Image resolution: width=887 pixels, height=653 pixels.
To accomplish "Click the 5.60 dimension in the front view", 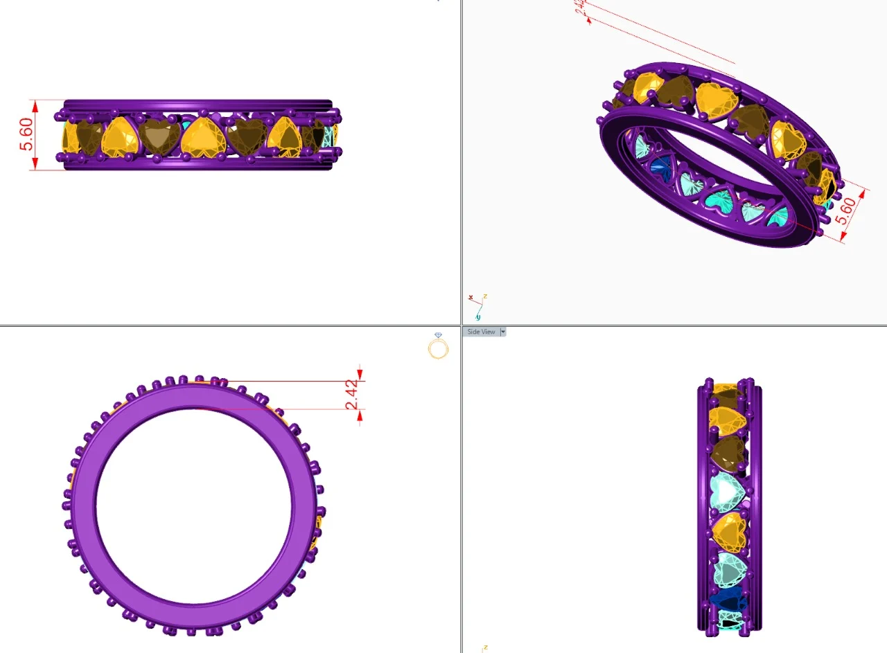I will pyautogui.click(x=26, y=134).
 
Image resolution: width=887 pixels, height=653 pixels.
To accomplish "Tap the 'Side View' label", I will pyautogui.click(x=481, y=332).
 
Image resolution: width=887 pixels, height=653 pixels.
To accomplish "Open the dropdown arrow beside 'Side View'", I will pyautogui.click(x=503, y=332).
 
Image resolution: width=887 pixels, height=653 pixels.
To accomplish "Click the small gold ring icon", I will pyautogui.click(x=438, y=346).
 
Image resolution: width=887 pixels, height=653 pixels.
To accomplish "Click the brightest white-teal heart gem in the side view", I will pyautogui.click(x=728, y=490).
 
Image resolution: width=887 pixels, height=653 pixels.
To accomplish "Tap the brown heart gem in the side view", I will pyautogui.click(x=728, y=451).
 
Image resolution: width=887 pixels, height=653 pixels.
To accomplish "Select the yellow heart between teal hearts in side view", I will pyautogui.click(x=729, y=532).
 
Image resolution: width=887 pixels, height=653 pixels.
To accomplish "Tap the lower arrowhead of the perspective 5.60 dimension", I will pyautogui.click(x=843, y=238).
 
